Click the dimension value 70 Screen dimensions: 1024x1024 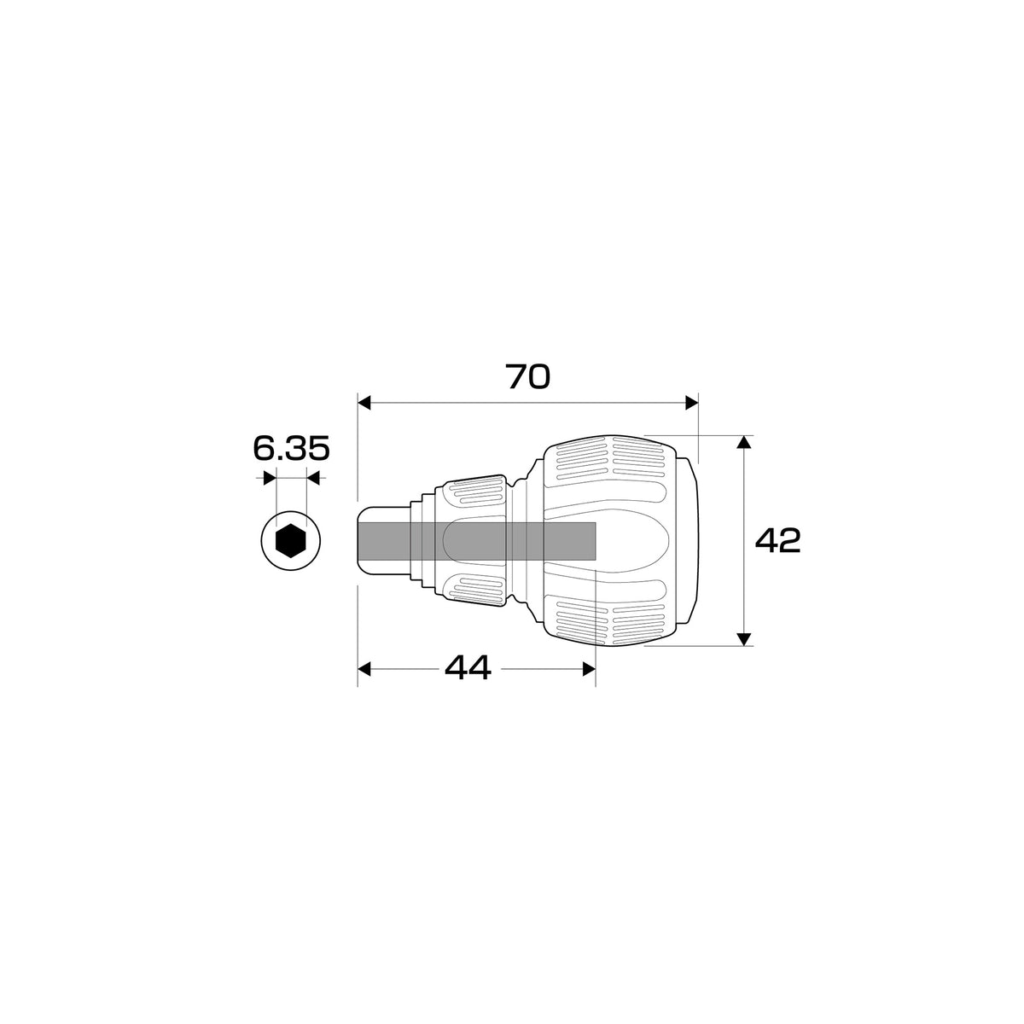tap(527, 376)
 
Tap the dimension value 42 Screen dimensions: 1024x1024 tap(777, 540)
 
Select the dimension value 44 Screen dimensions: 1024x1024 tap(468, 668)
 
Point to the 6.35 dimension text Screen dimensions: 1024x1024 tap(291, 448)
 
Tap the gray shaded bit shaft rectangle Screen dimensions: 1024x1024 tap(477, 540)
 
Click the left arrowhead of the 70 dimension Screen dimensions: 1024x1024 tap(364, 403)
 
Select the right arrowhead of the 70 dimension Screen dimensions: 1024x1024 tap(691, 403)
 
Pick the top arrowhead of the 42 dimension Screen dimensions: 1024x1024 tap(745, 442)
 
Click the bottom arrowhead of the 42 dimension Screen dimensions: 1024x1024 tap(745, 639)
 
